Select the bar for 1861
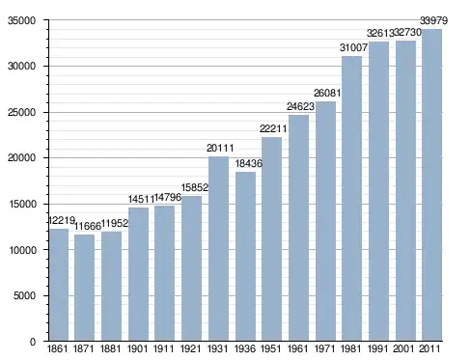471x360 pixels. (59, 285)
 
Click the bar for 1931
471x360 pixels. (218, 249)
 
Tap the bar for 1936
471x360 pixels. (245, 257)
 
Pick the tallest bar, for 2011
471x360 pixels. (431, 185)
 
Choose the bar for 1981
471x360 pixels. (352, 199)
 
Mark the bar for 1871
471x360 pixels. (84, 288)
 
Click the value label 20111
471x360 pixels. (220, 148)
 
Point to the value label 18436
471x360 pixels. (249, 163)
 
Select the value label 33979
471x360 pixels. (433, 20)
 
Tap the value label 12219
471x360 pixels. (62, 221)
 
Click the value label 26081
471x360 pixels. (327, 93)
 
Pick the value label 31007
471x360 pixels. (353, 47)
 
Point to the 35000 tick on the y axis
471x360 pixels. (21, 20)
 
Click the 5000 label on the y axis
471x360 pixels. (24, 295)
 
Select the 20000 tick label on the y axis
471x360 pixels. (21, 158)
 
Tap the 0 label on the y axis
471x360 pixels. (33, 342)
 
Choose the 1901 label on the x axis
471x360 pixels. (138, 348)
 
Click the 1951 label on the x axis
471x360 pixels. (271, 348)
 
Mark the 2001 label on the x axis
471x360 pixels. (403, 348)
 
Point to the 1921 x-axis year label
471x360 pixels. (190, 348)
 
